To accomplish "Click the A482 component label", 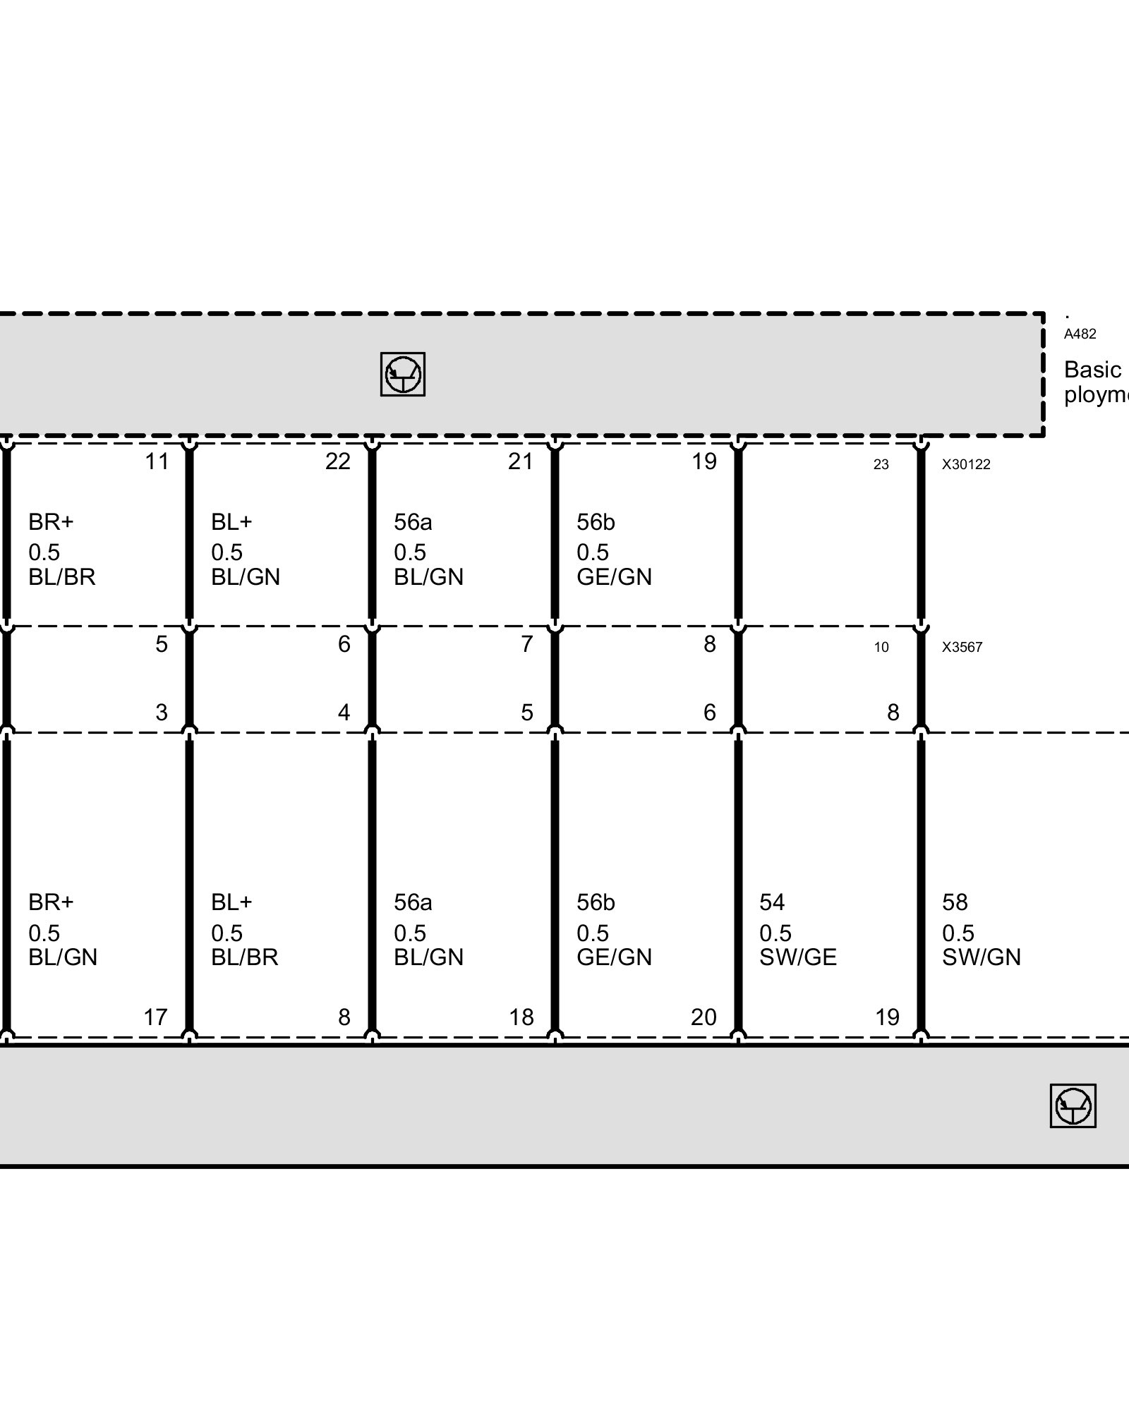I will tap(1080, 334).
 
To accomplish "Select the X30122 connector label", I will tap(966, 464).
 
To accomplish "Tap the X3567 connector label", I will tap(962, 647).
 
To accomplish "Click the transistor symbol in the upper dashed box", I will tap(402, 374).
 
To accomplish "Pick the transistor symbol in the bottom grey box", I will tap(1073, 1106).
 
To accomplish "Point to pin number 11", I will tap(157, 461).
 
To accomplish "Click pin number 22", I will tap(337, 461).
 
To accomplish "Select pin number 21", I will tap(520, 461).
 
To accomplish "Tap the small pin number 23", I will tap(881, 464).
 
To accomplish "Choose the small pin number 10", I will tap(881, 647).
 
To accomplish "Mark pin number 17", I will tap(155, 1017).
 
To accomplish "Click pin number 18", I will tap(521, 1017).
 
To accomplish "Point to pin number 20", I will tap(704, 1017).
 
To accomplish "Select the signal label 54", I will tap(772, 902).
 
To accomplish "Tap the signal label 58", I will tap(955, 902).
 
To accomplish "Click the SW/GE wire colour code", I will tap(797, 957).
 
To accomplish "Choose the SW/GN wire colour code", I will tap(981, 957).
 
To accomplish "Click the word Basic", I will tap(1092, 370).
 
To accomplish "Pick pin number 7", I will tap(526, 644).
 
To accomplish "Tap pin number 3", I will tap(162, 713).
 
